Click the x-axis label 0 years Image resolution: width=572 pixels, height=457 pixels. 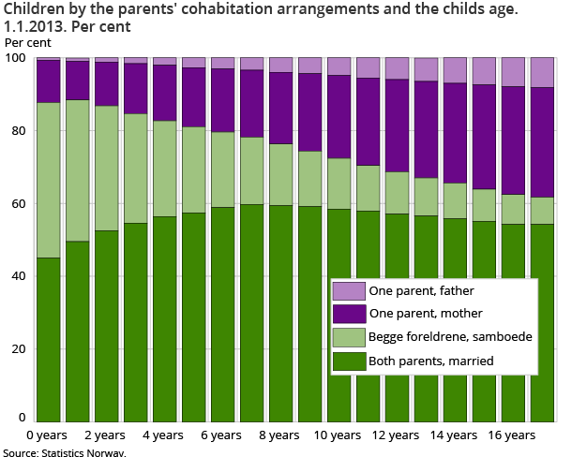pos(47,435)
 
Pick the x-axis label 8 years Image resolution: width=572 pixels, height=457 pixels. pos(278,435)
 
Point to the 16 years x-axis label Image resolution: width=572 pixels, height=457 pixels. pos(511,435)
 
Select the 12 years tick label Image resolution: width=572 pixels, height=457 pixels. pos(395,435)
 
